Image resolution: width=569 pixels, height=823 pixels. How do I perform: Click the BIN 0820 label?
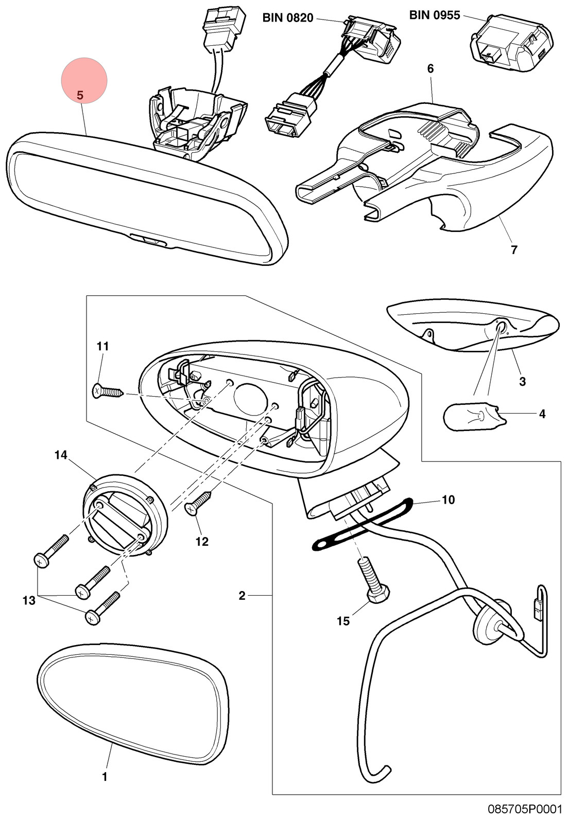tap(288, 17)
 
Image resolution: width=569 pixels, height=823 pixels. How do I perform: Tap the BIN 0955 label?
tap(435, 15)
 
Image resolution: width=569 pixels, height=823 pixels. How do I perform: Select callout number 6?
tap(430, 69)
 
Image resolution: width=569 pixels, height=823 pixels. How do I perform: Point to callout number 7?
tap(514, 250)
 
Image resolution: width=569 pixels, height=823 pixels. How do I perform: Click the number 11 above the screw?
tap(102, 346)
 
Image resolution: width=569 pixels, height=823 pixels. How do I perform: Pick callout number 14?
tap(61, 455)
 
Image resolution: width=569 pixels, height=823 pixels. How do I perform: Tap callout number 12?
tap(202, 542)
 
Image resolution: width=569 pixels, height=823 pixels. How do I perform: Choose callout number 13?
tap(29, 601)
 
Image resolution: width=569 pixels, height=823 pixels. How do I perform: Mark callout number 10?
tap(448, 499)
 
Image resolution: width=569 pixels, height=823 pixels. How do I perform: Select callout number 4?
tap(542, 414)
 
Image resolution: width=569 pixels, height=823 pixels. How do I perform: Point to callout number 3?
tap(523, 381)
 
